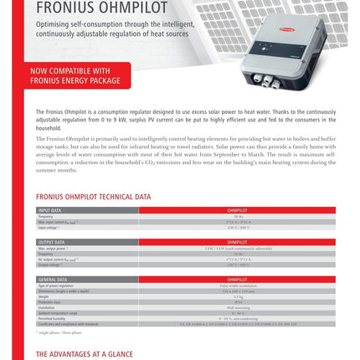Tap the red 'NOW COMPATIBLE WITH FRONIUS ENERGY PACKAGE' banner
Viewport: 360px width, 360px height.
pyautogui.click(x=82, y=75)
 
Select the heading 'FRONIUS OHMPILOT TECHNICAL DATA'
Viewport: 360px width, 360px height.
pyautogui.click(x=93, y=197)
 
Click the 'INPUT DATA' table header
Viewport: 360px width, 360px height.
pyautogui.click(x=50, y=210)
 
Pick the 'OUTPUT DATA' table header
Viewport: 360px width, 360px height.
pyautogui.click(x=52, y=242)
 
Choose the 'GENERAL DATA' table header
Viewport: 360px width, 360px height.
pyautogui.click(x=53, y=279)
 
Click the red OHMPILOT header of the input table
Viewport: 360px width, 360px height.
pyautogui.click(x=237, y=210)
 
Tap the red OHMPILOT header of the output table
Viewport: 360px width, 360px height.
pyautogui.click(x=237, y=242)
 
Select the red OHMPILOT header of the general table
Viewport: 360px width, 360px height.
pyautogui.click(x=237, y=279)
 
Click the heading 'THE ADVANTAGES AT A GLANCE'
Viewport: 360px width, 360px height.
pyautogui.click(x=84, y=354)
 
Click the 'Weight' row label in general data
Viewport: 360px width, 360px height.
pyautogui.click(x=44, y=296)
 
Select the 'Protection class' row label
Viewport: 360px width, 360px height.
pyautogui.click(x=49, y=302)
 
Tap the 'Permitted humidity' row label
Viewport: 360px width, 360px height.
pyautogui.click(x=52, y=318)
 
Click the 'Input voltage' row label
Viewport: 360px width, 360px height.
pyautogui.click(x=49, y=227)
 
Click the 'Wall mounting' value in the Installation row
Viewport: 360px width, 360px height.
pyautogui.click(x=237, y=307)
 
